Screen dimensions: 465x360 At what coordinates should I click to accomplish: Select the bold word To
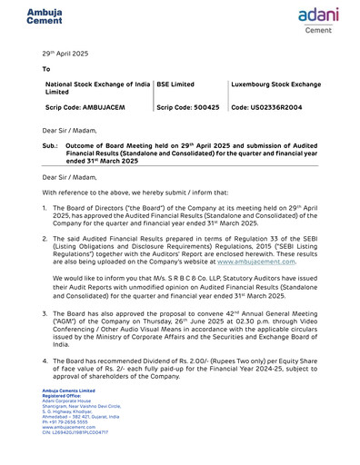[x=47, y=69]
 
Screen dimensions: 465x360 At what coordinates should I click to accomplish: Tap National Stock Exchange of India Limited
[x=96, y=88]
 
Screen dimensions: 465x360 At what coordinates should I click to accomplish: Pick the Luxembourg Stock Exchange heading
[x=276, y=84]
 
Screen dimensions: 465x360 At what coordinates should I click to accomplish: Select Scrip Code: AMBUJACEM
[x=86, y=107]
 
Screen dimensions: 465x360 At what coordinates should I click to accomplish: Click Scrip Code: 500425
[x=188, y=107]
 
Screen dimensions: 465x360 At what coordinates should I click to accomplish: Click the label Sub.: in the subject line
[x=51, y=144]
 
